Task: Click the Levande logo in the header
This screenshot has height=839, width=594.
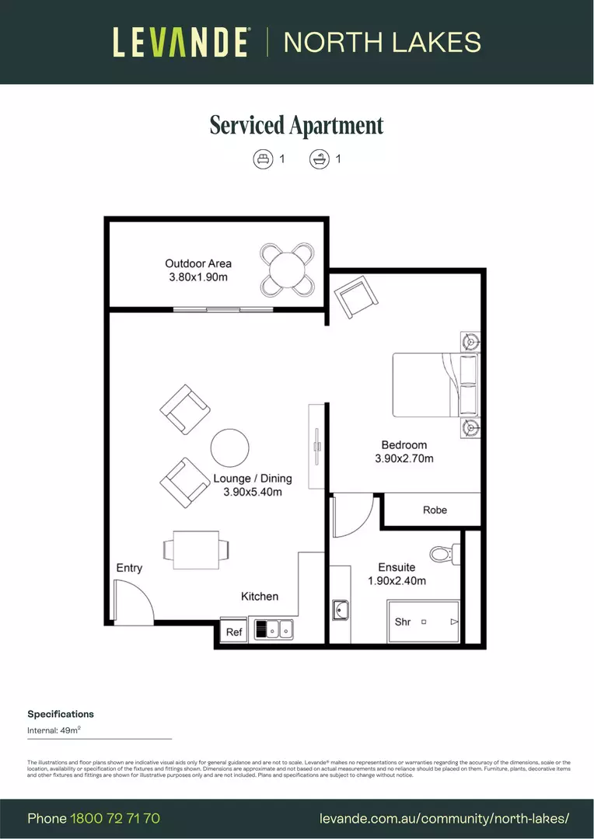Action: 181,42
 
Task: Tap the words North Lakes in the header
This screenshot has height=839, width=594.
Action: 382,42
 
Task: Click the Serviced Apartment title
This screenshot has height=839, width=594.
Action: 296,125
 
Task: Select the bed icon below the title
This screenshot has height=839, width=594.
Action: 264,159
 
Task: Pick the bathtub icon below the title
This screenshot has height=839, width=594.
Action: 318,159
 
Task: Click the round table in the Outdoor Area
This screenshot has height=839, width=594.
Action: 288,270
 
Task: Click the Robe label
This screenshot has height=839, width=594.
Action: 435,510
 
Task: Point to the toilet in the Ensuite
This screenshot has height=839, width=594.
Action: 443,554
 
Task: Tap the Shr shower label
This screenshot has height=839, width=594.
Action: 403,621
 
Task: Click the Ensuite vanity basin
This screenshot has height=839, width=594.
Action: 341,611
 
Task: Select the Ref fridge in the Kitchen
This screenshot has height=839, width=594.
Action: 234,632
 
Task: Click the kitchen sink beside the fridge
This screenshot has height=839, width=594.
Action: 274,628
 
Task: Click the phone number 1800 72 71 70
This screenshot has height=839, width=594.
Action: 115,818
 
